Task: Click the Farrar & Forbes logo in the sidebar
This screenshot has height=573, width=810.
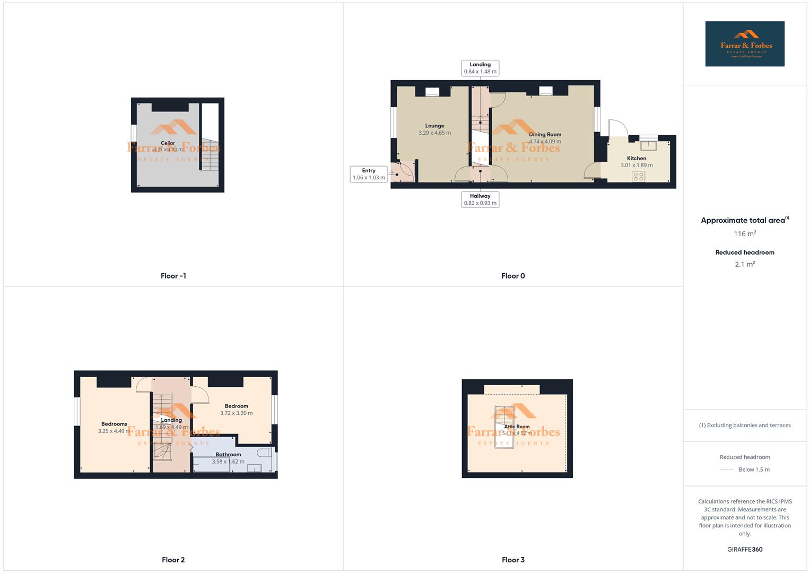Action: tap(744, 44)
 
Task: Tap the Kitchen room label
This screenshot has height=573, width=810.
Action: tap(637, 158)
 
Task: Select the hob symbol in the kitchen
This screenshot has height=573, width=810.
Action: tap(639, 176)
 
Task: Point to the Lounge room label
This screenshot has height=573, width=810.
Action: tap(434, 126)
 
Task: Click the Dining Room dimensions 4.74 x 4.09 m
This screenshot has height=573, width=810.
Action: tap(545, 142)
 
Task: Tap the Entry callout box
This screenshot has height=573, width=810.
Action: tap(369, 174)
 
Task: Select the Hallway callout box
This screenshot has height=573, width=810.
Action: tap(480, 199)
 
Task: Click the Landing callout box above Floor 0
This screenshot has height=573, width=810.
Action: tap(480, 68)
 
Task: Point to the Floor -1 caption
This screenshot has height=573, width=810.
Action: tap(173, 276)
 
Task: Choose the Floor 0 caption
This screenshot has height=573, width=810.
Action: tap(513, 276)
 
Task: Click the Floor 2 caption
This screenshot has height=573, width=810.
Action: tap(173, 560)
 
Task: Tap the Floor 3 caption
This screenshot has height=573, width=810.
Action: tap(513, 560)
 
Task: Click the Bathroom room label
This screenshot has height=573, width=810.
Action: tap(228, 454)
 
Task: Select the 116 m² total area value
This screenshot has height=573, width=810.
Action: tap(745, 233)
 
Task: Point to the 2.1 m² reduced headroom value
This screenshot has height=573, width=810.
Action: tap(745, 264)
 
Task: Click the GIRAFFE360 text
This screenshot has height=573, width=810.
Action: tap(745, 550)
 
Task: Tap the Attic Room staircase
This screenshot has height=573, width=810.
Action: tap(504, 427)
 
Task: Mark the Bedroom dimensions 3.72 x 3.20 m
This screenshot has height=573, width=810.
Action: tap(236, 413)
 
